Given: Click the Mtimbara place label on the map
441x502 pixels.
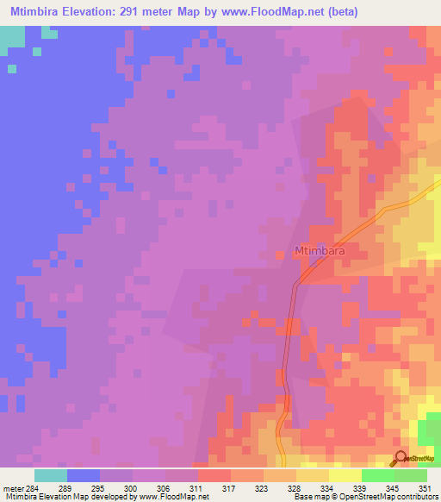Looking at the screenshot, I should (320, 252).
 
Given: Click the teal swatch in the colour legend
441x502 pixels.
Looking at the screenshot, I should (51, 475).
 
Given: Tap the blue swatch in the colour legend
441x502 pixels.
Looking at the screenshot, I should (84, 475).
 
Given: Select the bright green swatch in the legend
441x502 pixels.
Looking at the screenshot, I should (378, 475).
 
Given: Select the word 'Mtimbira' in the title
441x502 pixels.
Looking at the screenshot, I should (34, 12).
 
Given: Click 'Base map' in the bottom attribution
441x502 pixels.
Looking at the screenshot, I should (308, 497).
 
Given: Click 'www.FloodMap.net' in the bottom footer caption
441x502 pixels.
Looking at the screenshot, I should (175, 497).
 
